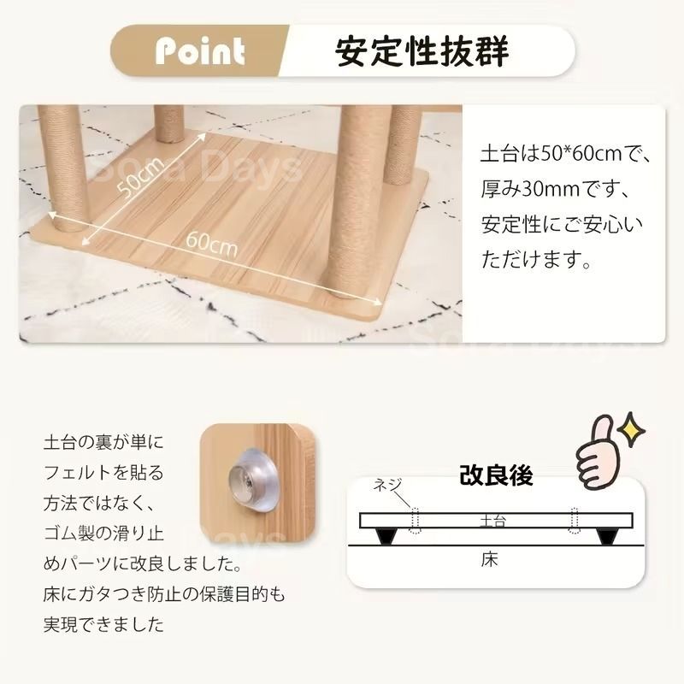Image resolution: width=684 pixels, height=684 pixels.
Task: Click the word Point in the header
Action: click(200, 51)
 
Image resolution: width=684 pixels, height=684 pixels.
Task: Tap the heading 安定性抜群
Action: click(423, 51)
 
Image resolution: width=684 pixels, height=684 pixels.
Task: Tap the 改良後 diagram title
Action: click(496, 475)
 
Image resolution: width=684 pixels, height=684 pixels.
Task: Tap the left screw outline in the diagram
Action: click(416, 520)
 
